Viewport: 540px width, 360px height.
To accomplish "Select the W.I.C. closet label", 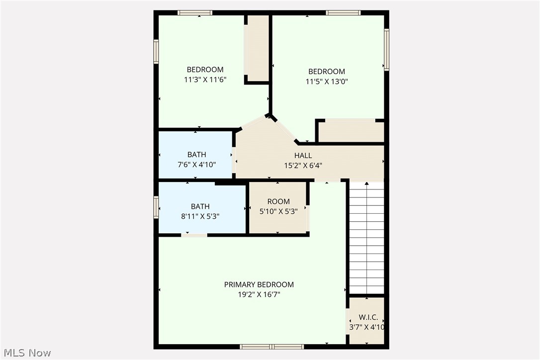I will (368, 317).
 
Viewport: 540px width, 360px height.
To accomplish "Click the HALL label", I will (303, 156).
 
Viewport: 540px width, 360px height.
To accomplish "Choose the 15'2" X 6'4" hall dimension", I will (303, 166).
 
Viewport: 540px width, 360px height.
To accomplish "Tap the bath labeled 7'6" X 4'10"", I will (196, 159).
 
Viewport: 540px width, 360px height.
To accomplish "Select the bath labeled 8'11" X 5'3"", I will (200, 211).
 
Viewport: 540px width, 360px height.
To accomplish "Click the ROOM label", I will (278, 201).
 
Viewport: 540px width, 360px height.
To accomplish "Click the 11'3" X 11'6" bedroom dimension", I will (205, 79).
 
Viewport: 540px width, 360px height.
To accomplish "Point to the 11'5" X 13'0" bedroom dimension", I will (326, 82).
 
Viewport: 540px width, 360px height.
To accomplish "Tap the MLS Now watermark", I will (26, 353).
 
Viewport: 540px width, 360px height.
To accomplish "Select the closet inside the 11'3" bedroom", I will (257, 48).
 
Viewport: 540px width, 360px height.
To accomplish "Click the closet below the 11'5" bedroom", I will (351, 132).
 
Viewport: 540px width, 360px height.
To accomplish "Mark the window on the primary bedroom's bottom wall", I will (271, 346).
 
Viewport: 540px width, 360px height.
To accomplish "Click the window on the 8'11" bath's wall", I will (156, 207).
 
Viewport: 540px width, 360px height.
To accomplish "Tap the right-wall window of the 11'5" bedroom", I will (386, 50).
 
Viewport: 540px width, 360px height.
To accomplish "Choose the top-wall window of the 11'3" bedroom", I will (195, 13).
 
